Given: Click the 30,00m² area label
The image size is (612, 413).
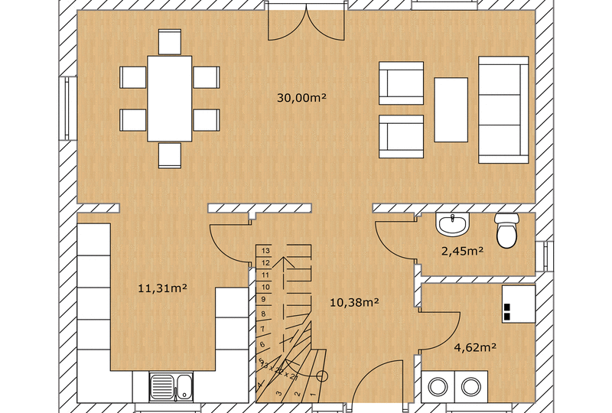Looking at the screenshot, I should pos(302,97).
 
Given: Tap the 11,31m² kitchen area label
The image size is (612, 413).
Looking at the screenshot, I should pos(163,288).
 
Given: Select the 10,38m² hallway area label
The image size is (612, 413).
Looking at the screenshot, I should pos(355,302).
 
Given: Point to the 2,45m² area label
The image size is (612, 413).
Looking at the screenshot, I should pos(461,250).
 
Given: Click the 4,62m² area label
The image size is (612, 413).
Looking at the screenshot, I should pos(475,346).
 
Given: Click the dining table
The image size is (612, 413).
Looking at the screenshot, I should pos(170,98).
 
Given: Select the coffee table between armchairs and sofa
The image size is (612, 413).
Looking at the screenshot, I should pos(451,109).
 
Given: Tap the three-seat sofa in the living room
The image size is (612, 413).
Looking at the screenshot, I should pos(503,109).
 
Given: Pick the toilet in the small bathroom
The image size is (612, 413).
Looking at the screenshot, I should pos(506,232).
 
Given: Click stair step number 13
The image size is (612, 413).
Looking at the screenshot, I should pos(266,250).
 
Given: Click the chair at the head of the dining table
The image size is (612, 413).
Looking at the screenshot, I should pos(170,41).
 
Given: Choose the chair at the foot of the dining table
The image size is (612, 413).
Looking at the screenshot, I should pos(170,154).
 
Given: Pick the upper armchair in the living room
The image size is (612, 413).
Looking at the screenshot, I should pos(402,83).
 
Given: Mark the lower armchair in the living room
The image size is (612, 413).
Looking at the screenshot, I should pos(402,136).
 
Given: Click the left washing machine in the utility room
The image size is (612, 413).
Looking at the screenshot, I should pos(438,387).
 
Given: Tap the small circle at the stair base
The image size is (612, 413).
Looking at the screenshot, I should pos(322,376).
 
